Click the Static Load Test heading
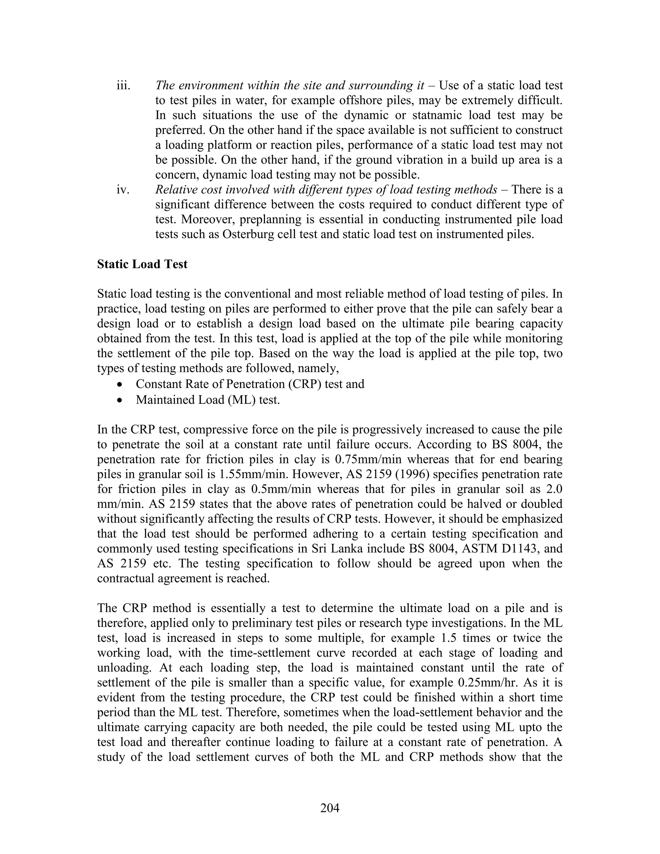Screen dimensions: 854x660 pyautogui.click(x=142, y=264)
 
